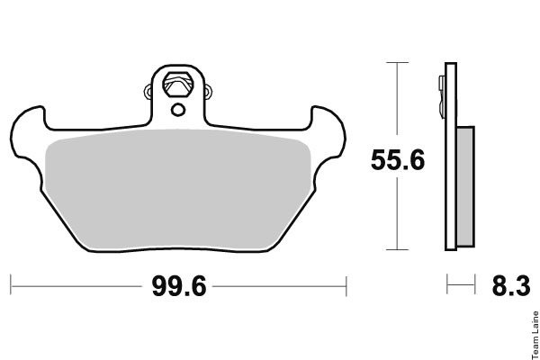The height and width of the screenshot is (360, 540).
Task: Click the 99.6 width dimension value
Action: pos(179,286)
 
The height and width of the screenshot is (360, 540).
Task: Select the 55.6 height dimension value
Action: pos(398,160)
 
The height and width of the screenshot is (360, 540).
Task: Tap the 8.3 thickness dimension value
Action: pos(511,286)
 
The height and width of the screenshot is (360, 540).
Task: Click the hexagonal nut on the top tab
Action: pos(178,85)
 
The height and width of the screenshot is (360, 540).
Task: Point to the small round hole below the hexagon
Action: pos(178,110)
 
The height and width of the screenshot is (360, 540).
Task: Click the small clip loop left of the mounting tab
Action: pos(148,92)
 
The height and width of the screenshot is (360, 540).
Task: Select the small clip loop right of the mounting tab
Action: pos(208,92)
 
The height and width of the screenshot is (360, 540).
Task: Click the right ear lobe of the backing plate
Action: pos(328,132)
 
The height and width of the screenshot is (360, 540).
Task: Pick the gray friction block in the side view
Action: pos(465,186)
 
